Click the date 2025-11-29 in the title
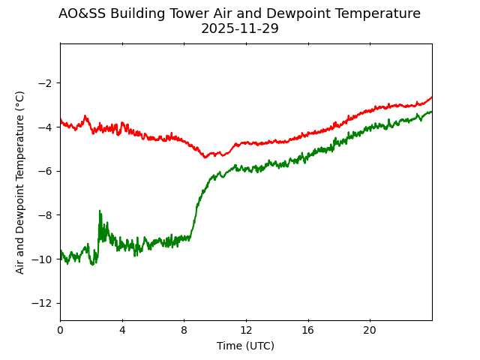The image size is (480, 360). (x=239, y=28)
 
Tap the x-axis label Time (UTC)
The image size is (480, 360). (x=245, y=346)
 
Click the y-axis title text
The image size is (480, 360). (x=20, y=182)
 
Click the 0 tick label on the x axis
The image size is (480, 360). (x=60, y=330)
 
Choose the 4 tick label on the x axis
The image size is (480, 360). (x=122, y=330)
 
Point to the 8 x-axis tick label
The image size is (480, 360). (x=184, y=330)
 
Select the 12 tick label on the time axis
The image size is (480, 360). (x=246, y=330)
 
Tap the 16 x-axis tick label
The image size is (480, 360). (x=307, y=330)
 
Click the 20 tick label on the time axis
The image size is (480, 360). (x=370, y=330)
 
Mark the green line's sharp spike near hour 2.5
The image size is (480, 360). (x=100, y=212)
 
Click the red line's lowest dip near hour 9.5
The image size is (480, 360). (x=205, y=157)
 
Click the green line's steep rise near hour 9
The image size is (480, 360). (x=196, y=214)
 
